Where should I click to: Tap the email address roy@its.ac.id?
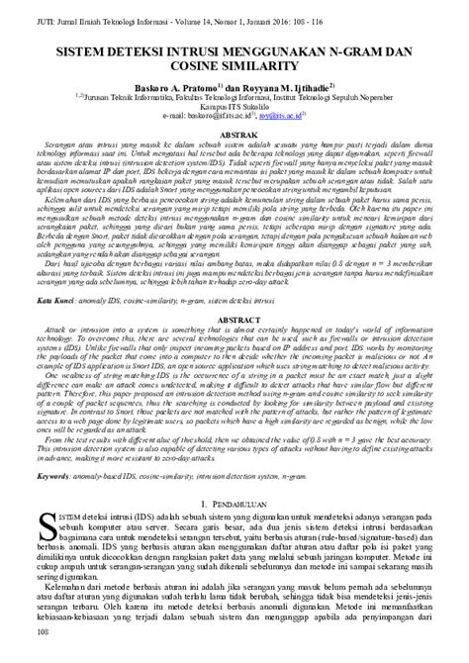coord(283,116)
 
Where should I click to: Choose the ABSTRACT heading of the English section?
coord(234,321)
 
